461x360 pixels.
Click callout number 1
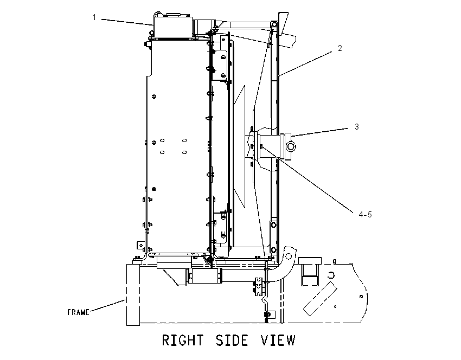tap(94, 17)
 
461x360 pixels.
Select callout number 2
tap(340, 48)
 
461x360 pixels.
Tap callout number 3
tap(357, 127)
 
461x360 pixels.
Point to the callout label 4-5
tap(365, 215)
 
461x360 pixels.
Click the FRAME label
tap(78, 312)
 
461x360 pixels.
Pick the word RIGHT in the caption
tap(183, 340)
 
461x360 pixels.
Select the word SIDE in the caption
tap(232, 340)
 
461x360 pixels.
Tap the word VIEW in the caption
tap(278, 340)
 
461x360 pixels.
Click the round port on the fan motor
tap(291, 146)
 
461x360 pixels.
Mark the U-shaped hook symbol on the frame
tap(331, 275)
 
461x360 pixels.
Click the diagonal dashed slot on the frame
tap(320, 299)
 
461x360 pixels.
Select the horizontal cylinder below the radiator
tap(204, 276)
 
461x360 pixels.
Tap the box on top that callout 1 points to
tap(172, 26)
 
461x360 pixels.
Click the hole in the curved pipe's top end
tap(289, 256)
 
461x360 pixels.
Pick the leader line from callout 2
tap(306, 64)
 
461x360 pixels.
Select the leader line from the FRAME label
tap(108, 305)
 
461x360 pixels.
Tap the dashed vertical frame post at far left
tap(133, 295)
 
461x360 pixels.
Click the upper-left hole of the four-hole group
tap(162, 140)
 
